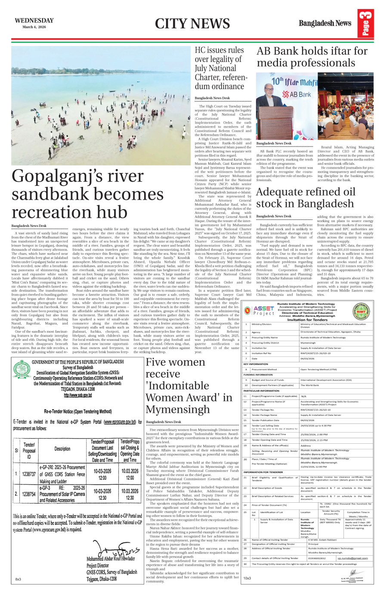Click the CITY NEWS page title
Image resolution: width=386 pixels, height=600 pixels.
coord(192,24)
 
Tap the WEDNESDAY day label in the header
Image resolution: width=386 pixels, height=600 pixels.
coord(34,20)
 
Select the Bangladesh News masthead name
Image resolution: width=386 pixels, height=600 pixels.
coord(325,23)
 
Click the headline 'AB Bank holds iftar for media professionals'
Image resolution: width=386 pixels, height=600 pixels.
coord(312,57)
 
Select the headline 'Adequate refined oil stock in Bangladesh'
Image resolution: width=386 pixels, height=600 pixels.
coord(306,198)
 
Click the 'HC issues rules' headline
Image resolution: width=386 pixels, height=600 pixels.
coord(219,50)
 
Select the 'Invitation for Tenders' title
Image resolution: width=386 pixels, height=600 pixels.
coord(307,308)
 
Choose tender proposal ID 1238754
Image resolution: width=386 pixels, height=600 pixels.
coord(29,494)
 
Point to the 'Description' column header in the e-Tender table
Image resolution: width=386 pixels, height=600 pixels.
coord(62,448)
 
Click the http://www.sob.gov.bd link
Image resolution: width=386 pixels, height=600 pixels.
coord(78,395)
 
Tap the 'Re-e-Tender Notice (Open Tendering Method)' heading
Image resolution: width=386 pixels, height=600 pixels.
coord(78,411)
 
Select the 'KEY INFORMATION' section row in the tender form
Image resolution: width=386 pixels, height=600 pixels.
coord(256,364)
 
